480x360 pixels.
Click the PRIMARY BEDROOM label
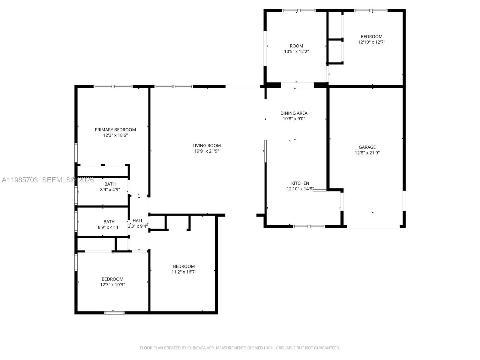coord(115,130)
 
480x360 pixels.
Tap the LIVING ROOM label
coord(206,145)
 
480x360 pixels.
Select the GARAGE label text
coord(367,147)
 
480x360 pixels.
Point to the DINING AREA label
coord(294,113)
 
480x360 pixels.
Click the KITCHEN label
coord(300,183)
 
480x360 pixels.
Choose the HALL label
coord(138,220)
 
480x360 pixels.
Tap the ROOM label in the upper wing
coord(296,46)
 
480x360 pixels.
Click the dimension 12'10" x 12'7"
coord(371,42)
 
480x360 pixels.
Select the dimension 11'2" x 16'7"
coord(184,272)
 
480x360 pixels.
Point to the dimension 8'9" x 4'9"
coord(110,190)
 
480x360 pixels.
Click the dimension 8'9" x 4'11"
coord(109,227)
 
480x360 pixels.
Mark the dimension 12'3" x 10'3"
coord(112,285)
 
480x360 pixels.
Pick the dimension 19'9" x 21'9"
coord(206,151)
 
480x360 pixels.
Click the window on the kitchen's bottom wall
coord(309,226)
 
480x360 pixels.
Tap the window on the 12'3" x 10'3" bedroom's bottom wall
coord(114,313)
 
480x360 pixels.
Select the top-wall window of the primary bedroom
coord(113,87)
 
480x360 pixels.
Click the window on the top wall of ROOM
coord(298,11)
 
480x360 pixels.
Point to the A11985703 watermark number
coord(20,180)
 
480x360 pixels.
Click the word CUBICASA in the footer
coord(196,348)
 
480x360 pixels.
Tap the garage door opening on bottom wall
coord(373,226)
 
